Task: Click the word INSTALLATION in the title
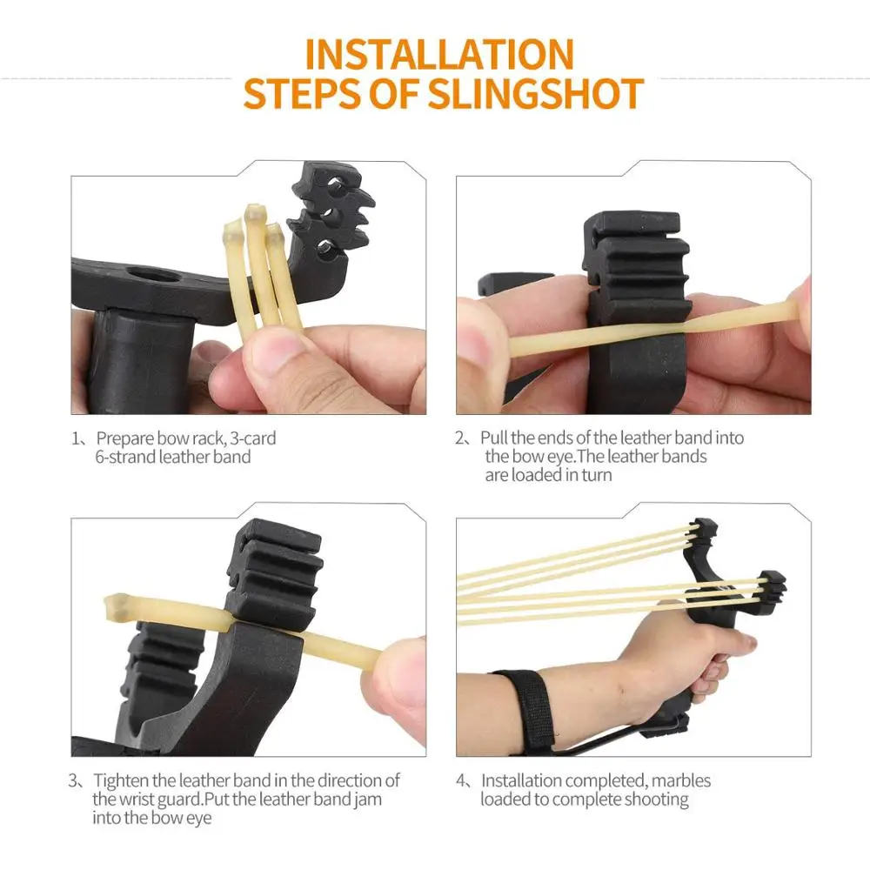pyautogui.click(x=438, y=54)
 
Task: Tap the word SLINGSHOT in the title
pyautogui.click(x=535, y=93)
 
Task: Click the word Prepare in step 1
pyautogui.click(x=124, y=438)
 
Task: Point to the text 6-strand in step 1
pyautogui.click(x=124, y=457)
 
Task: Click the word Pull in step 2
pyautogui.click(x=494, y=438)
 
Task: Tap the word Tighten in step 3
pyautogui.click(x=120, y=780)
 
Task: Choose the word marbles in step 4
pyautogui.click(x=681, y=780)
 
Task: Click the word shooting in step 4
pyautogui.click(x=656, y=800)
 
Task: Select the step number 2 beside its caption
pyautogui.click(x=460, y=438)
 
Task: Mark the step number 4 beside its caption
pyautogui.click(x=461, y=780)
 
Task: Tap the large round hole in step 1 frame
pyautogui.click(x=151, y=274)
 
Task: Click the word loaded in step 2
pyautogui.click(x=536, y=475)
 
